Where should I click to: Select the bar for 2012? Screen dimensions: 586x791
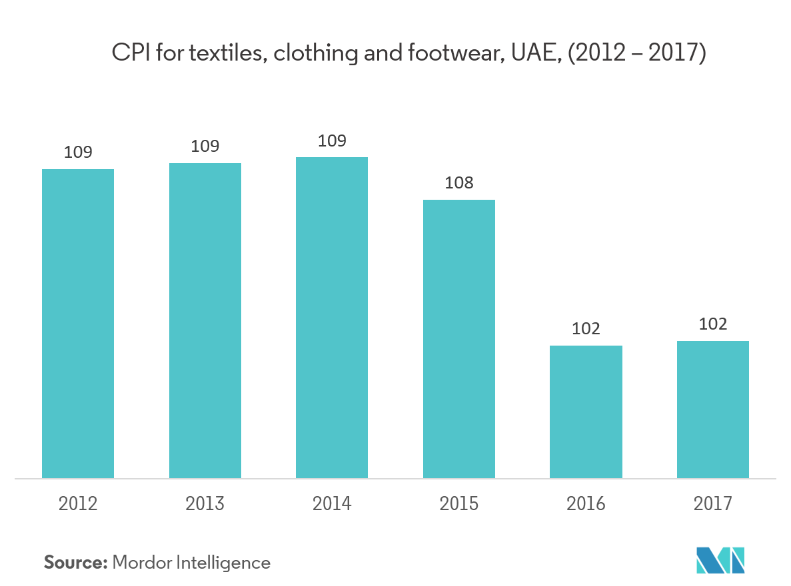tap(78, 324)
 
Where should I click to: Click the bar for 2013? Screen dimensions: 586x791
tap(205, 320)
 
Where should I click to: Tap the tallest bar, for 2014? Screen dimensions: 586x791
tap(332, 318)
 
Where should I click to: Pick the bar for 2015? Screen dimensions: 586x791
tap(459, 339)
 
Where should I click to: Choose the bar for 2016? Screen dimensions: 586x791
tap(586, 412)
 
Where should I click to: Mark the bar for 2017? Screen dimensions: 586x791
tap(713, 410)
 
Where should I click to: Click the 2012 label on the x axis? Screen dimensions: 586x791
tap(78, 503)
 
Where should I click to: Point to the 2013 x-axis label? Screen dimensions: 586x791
tap(205, 503)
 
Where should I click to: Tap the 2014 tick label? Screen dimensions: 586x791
tap(332, 503)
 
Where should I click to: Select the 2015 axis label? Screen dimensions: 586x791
tap(459, 503)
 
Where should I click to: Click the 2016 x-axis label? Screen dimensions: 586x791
tap(586, 503)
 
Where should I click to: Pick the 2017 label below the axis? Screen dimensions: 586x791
tap(713, 503)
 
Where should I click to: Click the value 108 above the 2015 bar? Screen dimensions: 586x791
tap(459, 182)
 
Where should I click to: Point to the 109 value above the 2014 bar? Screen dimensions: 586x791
tap(332, 141)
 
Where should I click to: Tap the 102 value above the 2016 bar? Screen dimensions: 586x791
tap(586, 328)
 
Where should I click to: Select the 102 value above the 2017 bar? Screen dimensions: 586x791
tap(713, 324)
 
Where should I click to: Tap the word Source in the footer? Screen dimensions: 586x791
tap(75, 563)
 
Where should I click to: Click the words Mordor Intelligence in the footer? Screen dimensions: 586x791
tap(192, 563)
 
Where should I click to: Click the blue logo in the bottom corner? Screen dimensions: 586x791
tap(720, 560)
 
